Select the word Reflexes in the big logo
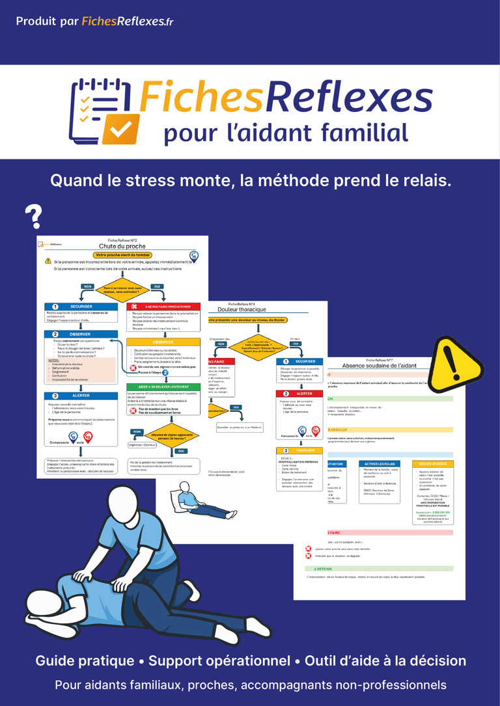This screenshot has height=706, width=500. pos(349,97)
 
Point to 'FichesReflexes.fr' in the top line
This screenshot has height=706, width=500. pos(128,21)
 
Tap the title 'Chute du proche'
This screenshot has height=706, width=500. pos(123,246)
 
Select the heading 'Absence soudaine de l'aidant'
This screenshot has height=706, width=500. pos(388,366)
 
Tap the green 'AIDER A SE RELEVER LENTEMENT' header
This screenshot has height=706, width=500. pos(163,387)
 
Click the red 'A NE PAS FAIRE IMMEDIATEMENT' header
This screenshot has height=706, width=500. pos(163,306)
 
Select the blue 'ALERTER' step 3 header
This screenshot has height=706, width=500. pos(81,396)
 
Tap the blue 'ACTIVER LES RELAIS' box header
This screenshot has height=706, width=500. pos(382,464)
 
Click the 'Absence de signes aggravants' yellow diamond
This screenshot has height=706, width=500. pos(163,437)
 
